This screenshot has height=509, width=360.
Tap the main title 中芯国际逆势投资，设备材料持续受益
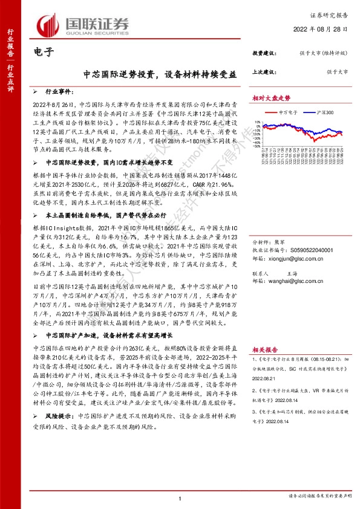pos(160,75)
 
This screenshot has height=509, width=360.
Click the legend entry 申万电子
pos(288,112)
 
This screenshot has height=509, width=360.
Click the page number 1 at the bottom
pos(180,498)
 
